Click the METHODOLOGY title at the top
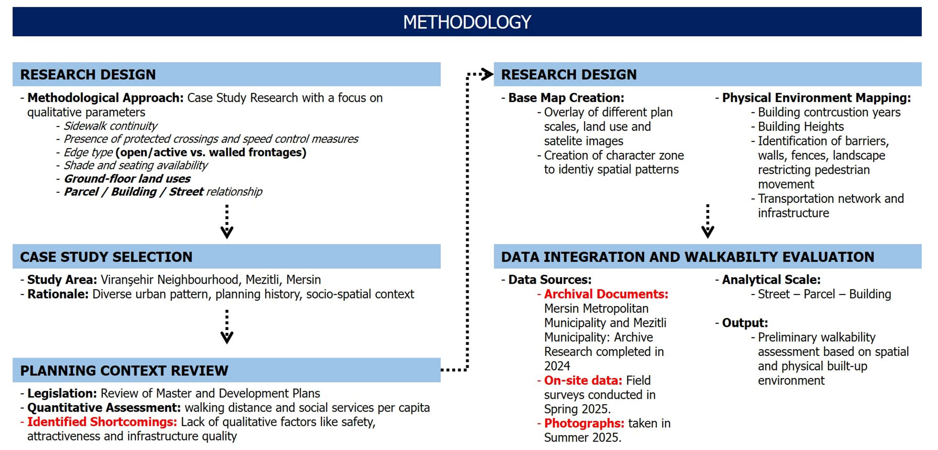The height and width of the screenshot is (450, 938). (x=467, y=22)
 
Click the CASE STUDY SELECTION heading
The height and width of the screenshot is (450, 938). (x=106, y=257)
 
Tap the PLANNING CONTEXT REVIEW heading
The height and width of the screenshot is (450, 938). (x=124, y=371)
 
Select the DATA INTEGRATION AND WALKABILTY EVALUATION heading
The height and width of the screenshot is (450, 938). (x=688, y=257)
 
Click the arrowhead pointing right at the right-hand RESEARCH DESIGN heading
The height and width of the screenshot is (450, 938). (x=487, y=74)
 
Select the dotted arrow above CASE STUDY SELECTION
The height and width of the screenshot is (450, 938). (x=227, y=221)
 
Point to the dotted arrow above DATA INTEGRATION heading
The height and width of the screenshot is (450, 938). (x=708, y=221)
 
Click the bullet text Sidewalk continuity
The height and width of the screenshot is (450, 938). (x=111, y=126)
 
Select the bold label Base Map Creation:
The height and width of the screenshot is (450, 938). (x=566, y=98)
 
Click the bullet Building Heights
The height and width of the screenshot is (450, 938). (x=801, y=127)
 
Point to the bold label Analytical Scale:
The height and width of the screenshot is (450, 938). (x=771, y=280)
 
